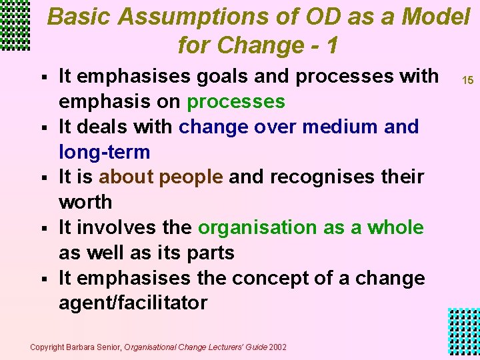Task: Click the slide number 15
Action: click(467, 80)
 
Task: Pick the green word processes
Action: click(236, 102)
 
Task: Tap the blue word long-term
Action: click(104, 152)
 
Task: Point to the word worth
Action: click(85, 202)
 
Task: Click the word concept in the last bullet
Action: click(291, 277)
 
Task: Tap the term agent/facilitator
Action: click(133, 303)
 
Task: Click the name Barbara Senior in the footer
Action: click(96, 347)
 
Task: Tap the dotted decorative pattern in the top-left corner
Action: click(15, 25)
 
